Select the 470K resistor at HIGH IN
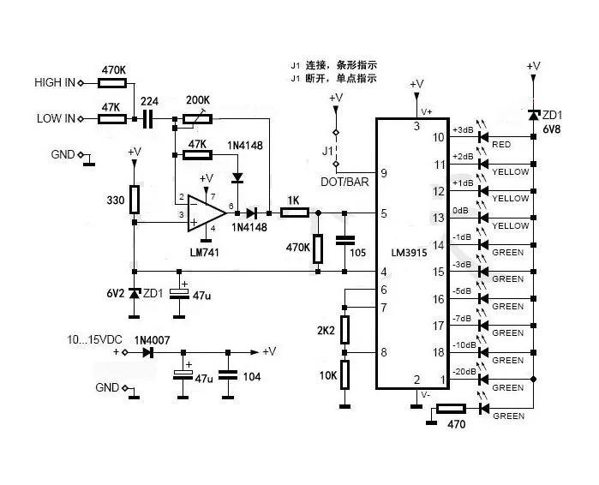112,83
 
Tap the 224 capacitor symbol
148,119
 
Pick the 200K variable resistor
197,119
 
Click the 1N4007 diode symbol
148,352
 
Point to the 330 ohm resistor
134,200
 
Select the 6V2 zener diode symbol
134,294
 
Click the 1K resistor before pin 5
295,213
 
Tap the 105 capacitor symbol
344,240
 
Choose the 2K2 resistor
344,330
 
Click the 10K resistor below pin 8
344,374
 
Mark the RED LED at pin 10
483,137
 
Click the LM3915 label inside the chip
409,253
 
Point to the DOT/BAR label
345,182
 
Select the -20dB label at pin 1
464,371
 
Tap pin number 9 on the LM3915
384,173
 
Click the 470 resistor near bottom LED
451,409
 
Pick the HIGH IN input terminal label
55,82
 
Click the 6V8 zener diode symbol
534,114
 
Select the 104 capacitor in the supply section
228,374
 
